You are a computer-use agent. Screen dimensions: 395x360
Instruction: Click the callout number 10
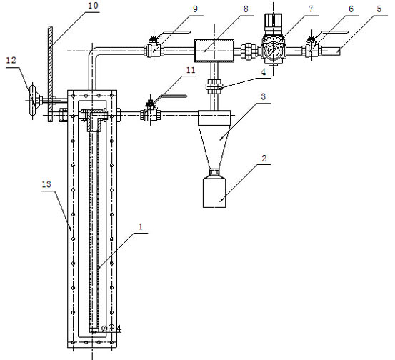[93, 6]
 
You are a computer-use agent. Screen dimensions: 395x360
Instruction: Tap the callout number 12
[11, 60]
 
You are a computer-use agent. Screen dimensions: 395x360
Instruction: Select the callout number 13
[46, 184]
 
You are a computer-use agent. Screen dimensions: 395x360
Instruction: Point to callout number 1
[141, 226]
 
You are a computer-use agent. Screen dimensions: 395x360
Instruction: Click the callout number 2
[264, 158]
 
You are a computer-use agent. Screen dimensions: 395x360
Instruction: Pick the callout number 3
[264, 96]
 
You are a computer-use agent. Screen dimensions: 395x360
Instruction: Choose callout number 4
[264, 72]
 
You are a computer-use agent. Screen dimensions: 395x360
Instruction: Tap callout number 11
[191, 70]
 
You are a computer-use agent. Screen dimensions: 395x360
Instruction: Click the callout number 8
[246, 9]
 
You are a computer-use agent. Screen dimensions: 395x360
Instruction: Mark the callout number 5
[379, 9]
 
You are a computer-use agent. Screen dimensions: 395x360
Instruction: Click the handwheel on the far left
[33, 101]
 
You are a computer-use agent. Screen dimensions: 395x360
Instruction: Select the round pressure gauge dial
[273, 49]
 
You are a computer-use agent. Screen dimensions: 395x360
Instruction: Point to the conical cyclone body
[214, 146]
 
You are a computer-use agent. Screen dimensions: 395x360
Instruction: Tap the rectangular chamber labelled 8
[214, 51]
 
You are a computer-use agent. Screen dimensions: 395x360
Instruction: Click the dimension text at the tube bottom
[111, 329]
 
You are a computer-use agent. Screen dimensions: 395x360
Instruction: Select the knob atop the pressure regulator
[273, 23]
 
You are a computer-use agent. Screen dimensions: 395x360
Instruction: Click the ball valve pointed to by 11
[151, 114]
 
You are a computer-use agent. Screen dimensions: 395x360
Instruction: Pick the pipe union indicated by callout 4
[214, 87]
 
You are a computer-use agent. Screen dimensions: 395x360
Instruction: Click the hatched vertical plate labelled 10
[51, 74]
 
